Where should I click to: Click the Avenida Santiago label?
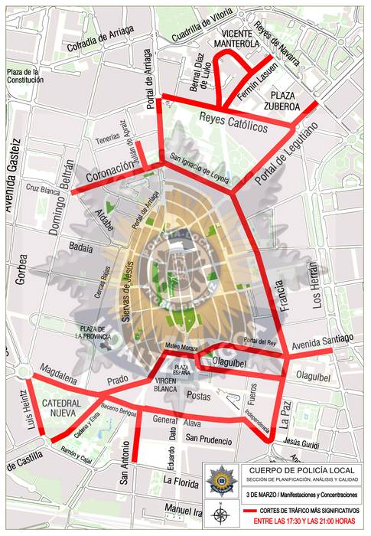pos(322,339)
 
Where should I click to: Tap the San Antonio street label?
pos(124,468)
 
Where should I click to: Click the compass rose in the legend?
pos(220,514)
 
